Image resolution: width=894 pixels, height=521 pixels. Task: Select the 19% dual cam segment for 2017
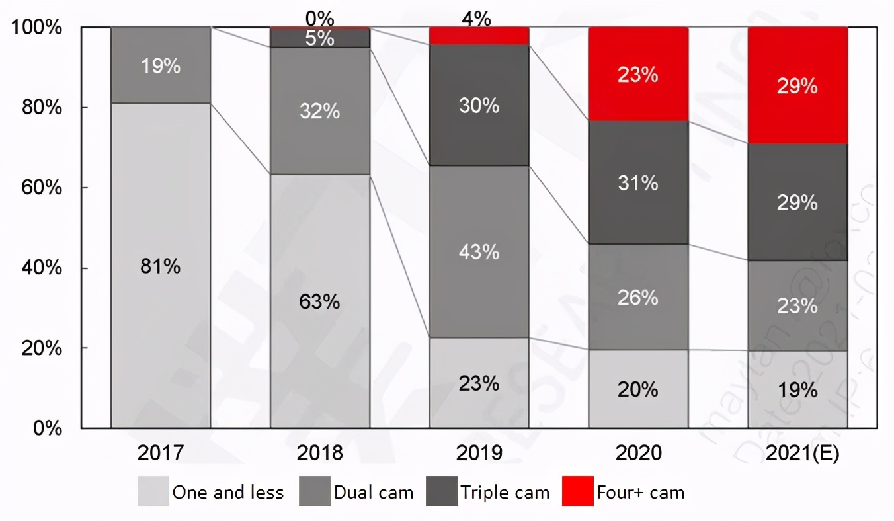point(161,65)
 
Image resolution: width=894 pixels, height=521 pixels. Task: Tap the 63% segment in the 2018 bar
point(319,301)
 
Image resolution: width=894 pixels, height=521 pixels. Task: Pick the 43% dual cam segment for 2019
point(479,252)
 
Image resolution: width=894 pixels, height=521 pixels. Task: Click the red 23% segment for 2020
point(638,74)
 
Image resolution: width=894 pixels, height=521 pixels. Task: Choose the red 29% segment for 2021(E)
point(797,86)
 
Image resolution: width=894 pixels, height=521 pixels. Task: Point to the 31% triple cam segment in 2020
point(638,182)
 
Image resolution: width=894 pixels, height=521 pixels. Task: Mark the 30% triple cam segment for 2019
point(479,105)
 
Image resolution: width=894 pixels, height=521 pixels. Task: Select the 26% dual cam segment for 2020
point(638,298)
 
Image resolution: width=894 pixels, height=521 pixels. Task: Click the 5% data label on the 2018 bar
point(319,38)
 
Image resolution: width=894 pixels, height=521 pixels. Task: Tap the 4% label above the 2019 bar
point(476,19)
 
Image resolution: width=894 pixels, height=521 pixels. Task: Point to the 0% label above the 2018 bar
point(319,16)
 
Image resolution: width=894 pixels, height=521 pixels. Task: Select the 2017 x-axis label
point(161,454)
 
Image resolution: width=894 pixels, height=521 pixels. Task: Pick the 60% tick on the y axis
point(40,188)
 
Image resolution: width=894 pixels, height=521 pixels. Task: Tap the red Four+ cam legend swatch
point(577,492)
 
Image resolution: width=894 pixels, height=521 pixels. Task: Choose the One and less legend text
point(227,493)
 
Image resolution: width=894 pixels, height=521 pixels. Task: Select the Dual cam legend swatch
point(314,492)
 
